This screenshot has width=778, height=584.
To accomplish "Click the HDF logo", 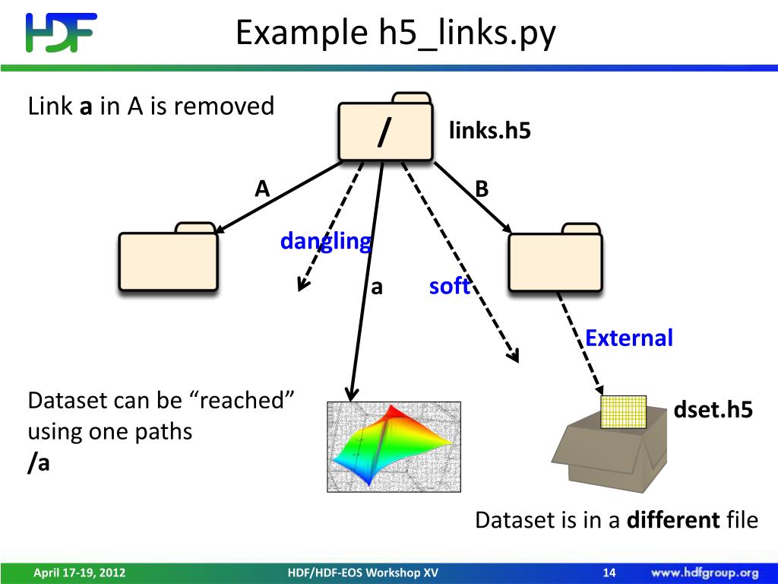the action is click(x=61, y=33).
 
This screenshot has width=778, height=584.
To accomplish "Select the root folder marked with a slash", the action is click(x=385, y=130).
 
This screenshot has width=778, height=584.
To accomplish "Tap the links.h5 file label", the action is click(x=489, y=131).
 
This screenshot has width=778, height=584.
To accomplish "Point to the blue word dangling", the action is click(x=326, y=242).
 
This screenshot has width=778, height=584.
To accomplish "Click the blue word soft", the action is click(x=449, y=287).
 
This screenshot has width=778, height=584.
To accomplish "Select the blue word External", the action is click(x=629, y=338).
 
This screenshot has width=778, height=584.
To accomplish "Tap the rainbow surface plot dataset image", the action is click(x=394, y=446).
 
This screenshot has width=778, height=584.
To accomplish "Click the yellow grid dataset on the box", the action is click(x=623, y=411).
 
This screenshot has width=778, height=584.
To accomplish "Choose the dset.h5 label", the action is click(x=713, y=411).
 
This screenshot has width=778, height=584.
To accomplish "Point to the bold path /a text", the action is click(x=39, y=463).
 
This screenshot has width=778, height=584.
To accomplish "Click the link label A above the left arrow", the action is click(x=262, y=189).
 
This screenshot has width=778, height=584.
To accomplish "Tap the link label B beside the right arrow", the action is click(x=482, y=189).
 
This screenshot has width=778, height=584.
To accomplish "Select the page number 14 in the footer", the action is click(x=609, y=573).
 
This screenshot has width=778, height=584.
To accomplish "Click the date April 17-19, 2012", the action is click(x=79, y=573).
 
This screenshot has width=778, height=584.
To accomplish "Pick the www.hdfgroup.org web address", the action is click(x=704, y=573).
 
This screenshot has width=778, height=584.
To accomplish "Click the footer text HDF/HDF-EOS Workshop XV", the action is click(x=363, y=573).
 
